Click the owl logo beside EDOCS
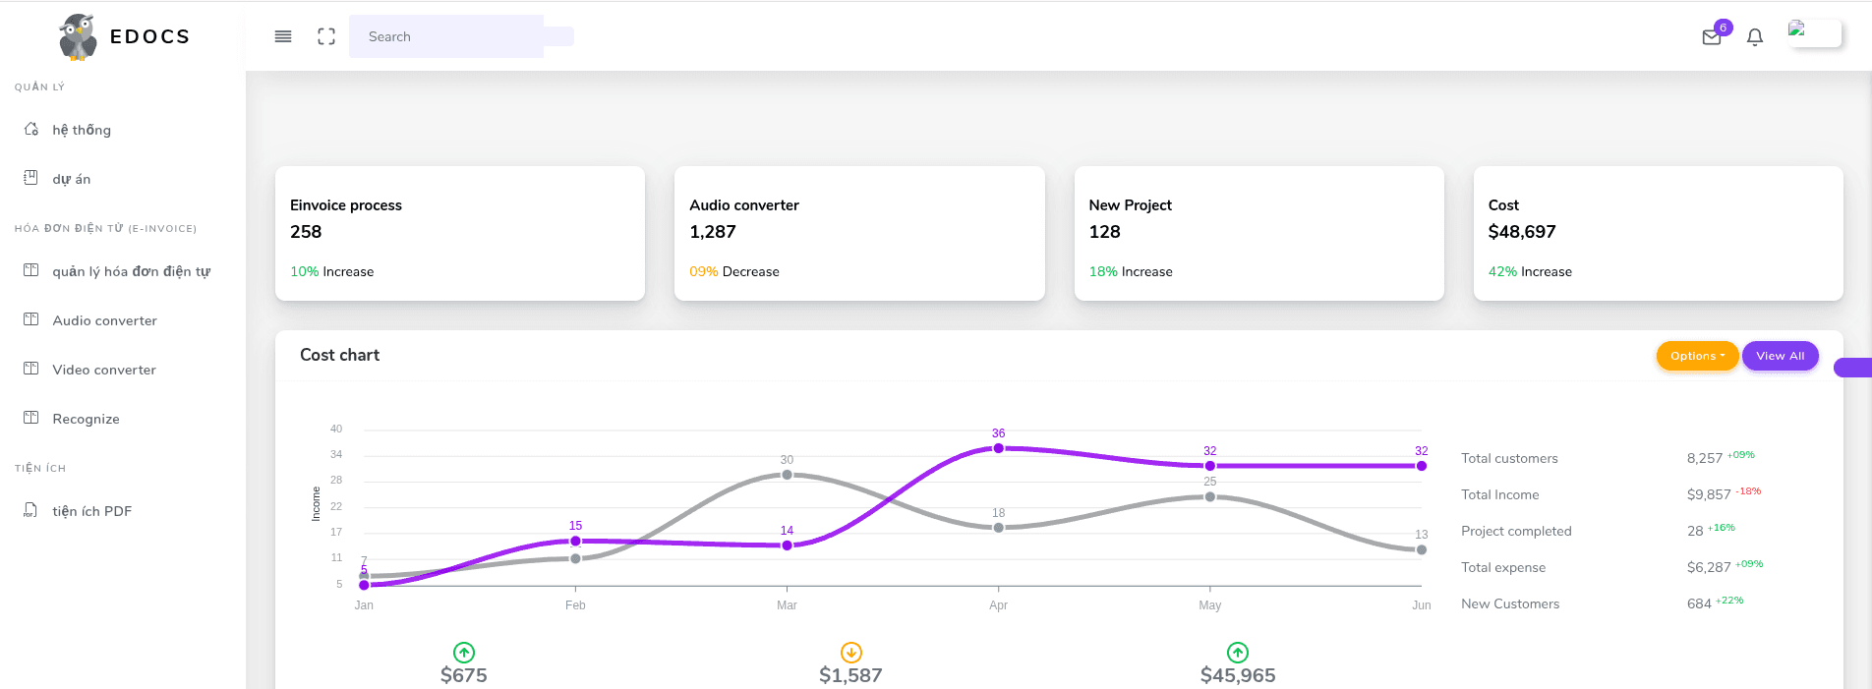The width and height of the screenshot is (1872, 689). [x=78, y=37]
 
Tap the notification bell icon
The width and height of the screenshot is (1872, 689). [x=1755, y=37]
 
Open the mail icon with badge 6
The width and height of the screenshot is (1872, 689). [x=1712, y=37]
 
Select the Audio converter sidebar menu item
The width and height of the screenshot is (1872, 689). [x=104, y=320]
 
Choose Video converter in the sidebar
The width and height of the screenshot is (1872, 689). [x=104, y=370]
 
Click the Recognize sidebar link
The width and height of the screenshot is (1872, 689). [x=86, y=419]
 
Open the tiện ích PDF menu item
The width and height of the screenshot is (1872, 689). [x=91, y=511]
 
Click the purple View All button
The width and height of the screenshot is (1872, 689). [x=1780, y=356]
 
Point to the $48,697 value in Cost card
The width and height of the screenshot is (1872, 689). [x=1522, y=232]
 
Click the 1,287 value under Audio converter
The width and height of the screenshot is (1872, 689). [x=713, y=232]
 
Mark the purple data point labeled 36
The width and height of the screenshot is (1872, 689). [x=999, y=448]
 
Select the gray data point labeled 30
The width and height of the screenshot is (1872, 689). [x=787, y=475]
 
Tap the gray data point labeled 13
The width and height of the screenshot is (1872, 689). [x=1422, y=549]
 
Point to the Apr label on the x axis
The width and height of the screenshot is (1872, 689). [x=998, y=605]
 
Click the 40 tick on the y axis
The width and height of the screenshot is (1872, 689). [x=336, y=429]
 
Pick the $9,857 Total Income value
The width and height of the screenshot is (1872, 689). [x=1709, y=494]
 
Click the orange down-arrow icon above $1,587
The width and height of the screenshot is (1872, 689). [x=851, y=652]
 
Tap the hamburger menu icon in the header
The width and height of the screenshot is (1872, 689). [x=283, y=36]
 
